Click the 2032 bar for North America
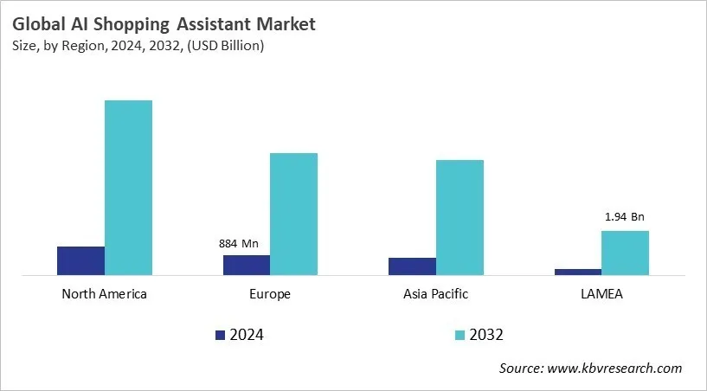[128, 188]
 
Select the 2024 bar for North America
[80, 260]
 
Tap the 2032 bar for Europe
[293, 214]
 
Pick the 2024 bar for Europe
[247, 265]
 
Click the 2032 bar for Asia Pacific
[460, 217]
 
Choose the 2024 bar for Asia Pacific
[412, 266]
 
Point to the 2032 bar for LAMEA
[625, 253]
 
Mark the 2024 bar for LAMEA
[578, 272]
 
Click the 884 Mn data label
[239, 244]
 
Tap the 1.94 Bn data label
[625, 216]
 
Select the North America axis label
[105, 294]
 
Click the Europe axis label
[270, 294]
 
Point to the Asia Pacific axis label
[435, 294]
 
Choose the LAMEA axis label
[601, 294]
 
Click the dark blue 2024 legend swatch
[220, 335]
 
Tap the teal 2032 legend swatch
[460, 335]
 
